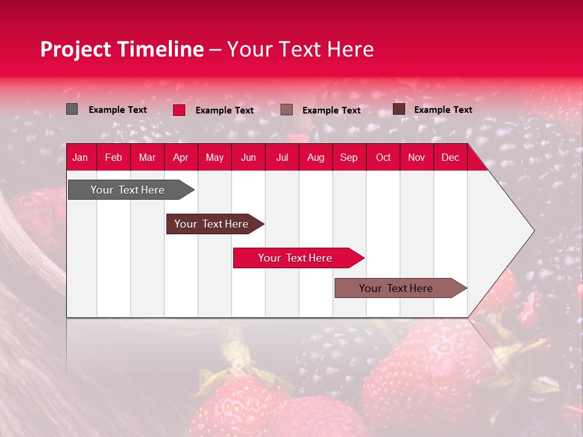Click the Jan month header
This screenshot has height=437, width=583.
click(80, 158)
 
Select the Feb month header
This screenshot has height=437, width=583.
click(114, 158)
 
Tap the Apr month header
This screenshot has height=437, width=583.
click(181, 158)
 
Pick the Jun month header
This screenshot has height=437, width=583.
click(248, 158)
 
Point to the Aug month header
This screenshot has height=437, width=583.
click(316, 158)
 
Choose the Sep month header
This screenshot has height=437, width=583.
click(349, 158)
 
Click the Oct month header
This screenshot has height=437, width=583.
click(383, 158)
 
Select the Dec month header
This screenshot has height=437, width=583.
click(451, 158)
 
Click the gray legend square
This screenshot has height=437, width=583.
click(72, 109)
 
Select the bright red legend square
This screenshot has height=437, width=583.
click(179, 110)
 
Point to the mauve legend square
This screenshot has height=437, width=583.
click(287, 110)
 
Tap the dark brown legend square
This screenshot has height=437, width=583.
click(399, 109)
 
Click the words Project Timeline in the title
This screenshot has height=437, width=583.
click(122, 49)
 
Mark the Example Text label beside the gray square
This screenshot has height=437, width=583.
click(118, 110)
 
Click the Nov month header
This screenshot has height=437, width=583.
click(417, 158)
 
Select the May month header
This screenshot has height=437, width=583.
click(214, 158)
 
